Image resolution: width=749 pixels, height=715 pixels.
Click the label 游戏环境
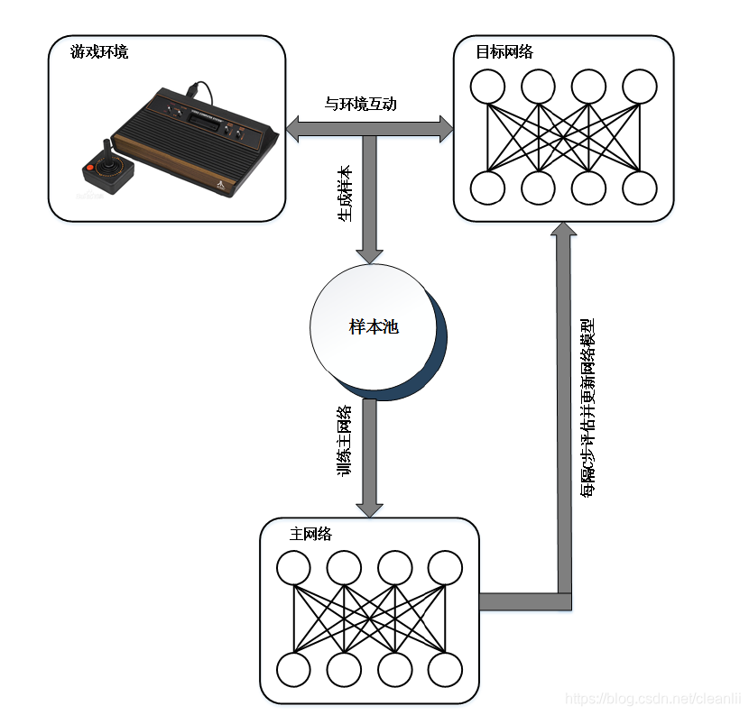pos(99,51)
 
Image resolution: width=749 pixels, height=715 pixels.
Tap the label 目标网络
pos(504,51)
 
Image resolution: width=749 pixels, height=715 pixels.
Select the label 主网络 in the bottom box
pos(310,534)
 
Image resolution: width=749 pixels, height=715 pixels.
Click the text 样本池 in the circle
pos(374,326)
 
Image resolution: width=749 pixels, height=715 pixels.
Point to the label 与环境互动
pos(360,104)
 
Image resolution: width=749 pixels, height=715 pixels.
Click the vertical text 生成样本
pos(345,194)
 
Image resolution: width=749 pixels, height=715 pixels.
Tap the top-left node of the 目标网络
pos(488,87)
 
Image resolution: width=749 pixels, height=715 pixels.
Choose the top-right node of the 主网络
pos(446,569)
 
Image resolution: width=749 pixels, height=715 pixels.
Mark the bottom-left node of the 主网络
pos(293,670)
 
